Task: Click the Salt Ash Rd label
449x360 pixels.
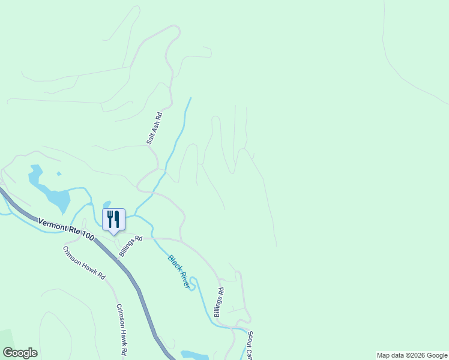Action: (155, 127)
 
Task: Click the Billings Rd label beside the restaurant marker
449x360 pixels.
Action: (130, 245)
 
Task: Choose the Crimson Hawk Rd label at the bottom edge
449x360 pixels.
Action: (122, 328)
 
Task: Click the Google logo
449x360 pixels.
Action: (20, 353)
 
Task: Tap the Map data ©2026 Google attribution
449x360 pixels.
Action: (411, 355)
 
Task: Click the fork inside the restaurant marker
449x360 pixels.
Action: (110, 219)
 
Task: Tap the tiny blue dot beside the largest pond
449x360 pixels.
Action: (59, 174)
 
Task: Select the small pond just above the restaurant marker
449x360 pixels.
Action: (107, 205)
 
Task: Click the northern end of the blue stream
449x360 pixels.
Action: (191, 98)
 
